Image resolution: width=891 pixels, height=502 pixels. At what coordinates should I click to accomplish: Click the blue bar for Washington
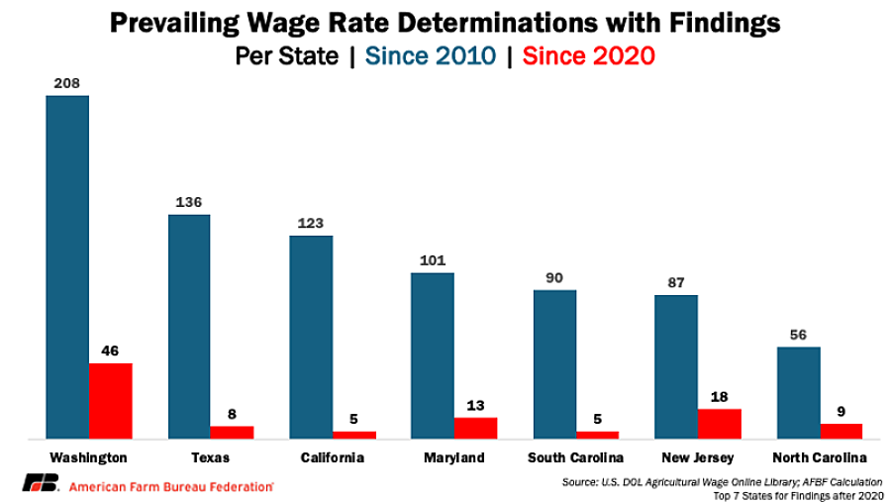[x=67, y=267]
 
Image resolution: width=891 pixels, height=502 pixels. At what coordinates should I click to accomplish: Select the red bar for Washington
[x=111, y=401]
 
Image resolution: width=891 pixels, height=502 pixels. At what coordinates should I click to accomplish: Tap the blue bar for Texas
[x=189, y=327]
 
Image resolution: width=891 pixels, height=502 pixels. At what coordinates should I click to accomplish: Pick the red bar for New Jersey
[x=720, y=424]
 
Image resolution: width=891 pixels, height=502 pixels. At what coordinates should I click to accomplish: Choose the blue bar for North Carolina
[x=799, y=393]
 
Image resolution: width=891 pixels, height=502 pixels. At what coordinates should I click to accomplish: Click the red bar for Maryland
[x=475, y=428]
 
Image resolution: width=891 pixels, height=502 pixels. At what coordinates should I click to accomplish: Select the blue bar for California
[x=312, y=337]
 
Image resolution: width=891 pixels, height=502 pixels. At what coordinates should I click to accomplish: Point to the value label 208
[x=67, y=83]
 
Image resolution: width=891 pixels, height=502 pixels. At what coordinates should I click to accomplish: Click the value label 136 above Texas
[x=189, y=202]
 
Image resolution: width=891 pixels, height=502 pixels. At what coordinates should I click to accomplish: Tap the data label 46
[x=110, y=351]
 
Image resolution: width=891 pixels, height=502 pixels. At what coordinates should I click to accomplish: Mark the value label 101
[x=433, y=261]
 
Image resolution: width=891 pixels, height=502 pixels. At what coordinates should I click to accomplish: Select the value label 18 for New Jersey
[x=720, y=397]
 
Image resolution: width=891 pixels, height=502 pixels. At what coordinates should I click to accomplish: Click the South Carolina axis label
[x=575, y=457]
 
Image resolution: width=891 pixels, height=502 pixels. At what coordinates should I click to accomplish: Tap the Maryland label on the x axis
[x=454, y=457]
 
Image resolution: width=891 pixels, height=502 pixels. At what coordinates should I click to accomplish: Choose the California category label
[x=333, y=457]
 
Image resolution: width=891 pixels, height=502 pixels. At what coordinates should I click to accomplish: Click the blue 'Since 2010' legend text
[x=431, y=55]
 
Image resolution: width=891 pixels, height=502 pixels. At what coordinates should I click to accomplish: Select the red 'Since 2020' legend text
[x=589, y=55]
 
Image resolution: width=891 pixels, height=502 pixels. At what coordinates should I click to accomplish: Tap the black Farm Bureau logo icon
[x=41, y=482]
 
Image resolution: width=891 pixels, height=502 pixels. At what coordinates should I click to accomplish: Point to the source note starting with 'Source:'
[x=723, y=482]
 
